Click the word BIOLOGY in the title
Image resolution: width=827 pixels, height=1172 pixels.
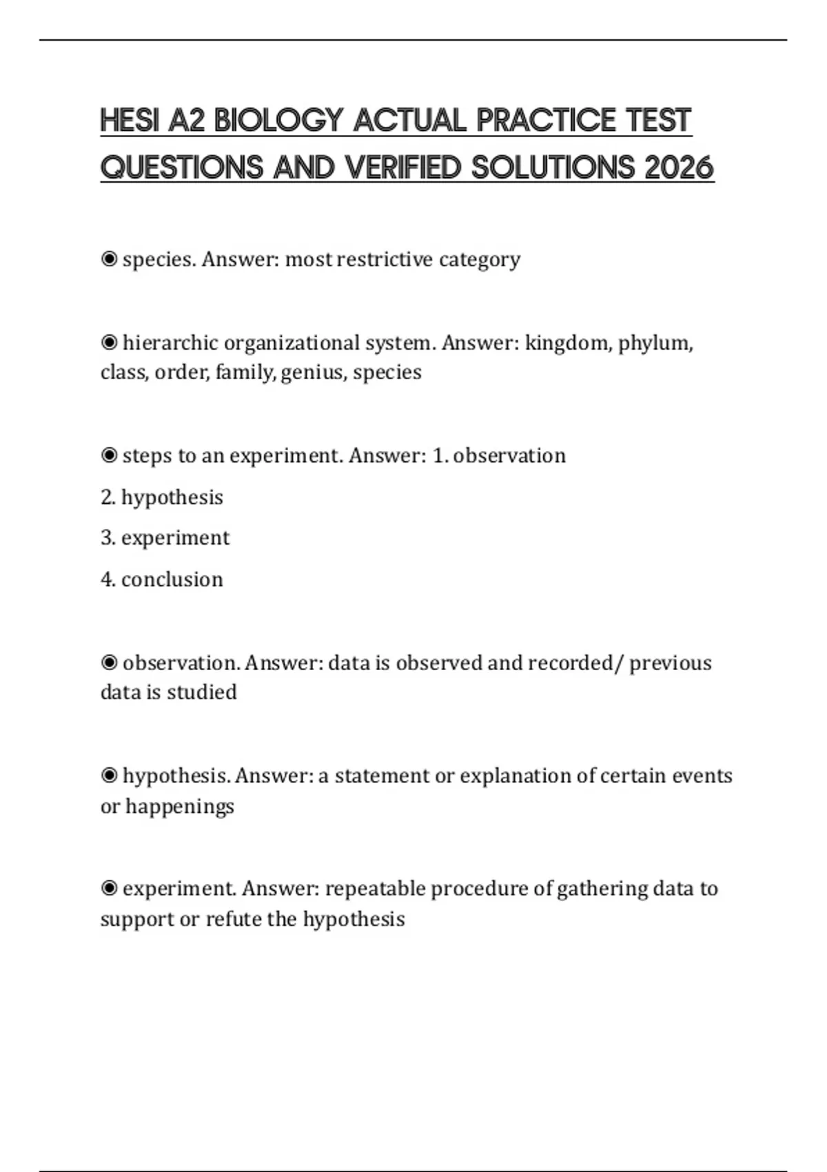click(x=278, y=121)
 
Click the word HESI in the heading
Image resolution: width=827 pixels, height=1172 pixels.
click(x=130, y=121)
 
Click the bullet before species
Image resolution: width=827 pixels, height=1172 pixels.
click(x=109, y=259)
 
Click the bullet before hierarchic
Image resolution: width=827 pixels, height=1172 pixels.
click(x=109, y=343)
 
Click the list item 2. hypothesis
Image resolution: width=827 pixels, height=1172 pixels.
click(x=162, y=497)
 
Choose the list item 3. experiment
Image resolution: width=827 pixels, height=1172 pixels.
click(x=165, y=538)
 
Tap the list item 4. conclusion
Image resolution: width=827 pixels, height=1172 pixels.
click(x=162, y=579)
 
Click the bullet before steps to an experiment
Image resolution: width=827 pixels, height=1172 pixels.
click(x=109, y=456)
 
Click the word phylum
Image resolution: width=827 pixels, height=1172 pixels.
click(x=655, y=343)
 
